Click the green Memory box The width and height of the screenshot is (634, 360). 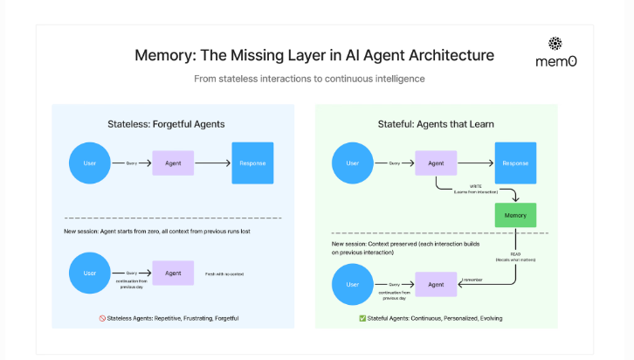coord(515,215)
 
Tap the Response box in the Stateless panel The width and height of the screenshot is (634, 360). coord(252,163)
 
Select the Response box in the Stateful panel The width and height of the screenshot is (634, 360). coord(515,163)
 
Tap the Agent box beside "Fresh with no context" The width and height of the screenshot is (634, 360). coord(173,273)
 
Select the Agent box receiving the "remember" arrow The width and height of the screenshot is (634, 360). coord(436,284)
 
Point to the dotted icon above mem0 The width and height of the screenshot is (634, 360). coord(556,44)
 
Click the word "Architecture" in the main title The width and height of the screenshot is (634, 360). coord(444,55)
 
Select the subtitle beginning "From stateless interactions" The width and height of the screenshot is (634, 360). coord(309,79)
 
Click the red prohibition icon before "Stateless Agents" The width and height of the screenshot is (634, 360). coord(102,318)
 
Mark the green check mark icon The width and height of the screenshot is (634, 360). coord(362,318)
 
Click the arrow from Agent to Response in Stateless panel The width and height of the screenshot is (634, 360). coord(212,163)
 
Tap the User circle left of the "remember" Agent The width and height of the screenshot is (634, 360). coord(353,284)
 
